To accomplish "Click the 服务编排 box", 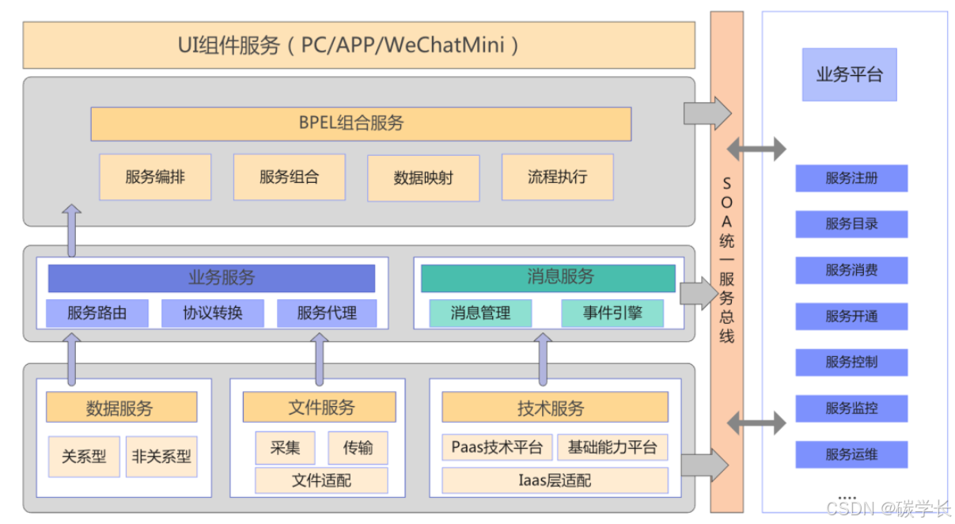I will (x=155, y=177).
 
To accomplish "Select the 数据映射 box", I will (x=423, y=177).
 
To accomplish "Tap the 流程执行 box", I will (x=558, y=177).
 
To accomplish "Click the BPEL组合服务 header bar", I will (x=360, y=123).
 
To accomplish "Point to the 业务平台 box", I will (x=849, y=75).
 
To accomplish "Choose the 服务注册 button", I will (x=851, y=178).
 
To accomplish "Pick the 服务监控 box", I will (x=851, y=408).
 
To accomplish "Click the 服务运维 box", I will (x=851, y=454).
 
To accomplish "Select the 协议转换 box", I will (x=212, y=313).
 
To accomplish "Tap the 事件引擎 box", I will (x=612, y=313).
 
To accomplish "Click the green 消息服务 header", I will (x=548, y=278).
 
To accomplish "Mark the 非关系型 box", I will (x=161, y=457).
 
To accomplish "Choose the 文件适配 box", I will (x=321, y=480).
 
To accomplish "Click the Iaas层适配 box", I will (x=555, y=480).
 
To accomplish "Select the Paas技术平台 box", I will (x=497, y=447).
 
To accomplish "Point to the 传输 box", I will (x=358, y=447).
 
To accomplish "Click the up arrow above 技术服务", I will (x=544, y=359).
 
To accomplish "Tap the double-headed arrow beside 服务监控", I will (x=756, y=423).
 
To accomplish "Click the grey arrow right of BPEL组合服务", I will (x=707, y=113).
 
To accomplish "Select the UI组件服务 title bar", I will (x=358, y=45).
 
